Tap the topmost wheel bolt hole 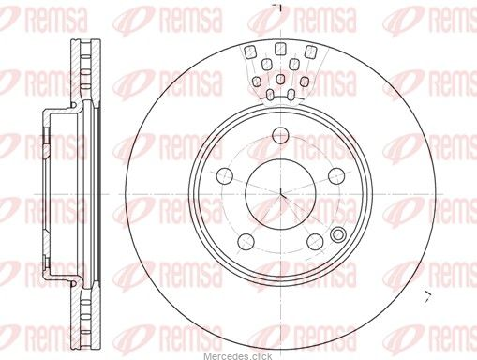tap(280, 135)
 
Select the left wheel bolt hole tap(225, 175)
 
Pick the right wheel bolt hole tap(336, 175)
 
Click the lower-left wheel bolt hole tap(246, 241)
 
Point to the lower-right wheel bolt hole tap(315, 241)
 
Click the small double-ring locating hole tap(338, 234)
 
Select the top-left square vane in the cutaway tap(249, 52)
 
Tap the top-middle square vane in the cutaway tap(280, 49)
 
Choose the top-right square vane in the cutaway tap(311, 52)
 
